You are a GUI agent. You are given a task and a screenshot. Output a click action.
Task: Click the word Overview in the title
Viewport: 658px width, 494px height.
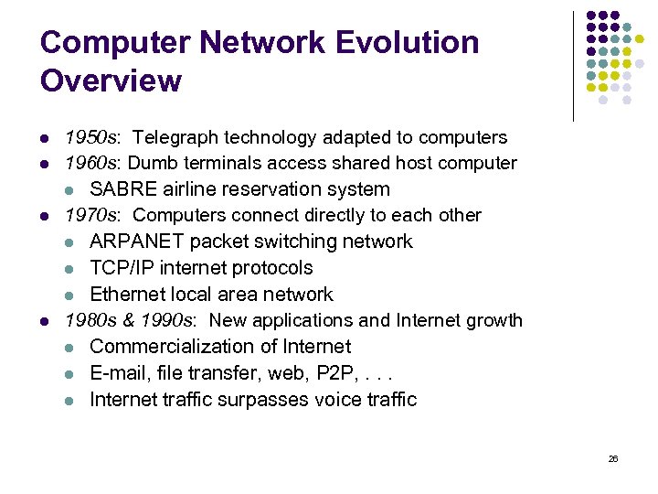(x=111, y=81)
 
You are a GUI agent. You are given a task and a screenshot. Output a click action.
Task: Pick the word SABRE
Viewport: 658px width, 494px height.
(x=122, y=189)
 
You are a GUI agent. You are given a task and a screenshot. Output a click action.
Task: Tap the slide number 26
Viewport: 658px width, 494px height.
(x=613, y=458)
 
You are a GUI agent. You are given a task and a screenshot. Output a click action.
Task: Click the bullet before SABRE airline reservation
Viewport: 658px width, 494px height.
(x=70, y=190)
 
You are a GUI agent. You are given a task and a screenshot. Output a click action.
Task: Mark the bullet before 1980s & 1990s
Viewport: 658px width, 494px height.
(x=45, y=321)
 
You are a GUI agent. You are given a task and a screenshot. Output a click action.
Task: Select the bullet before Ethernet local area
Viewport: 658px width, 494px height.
(x=70, y=295)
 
